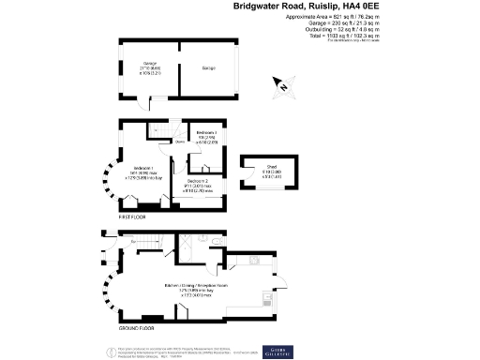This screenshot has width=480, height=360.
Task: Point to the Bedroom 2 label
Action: click(x=196, y=180)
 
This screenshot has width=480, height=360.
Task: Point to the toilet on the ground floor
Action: click(x=215, y=242)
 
